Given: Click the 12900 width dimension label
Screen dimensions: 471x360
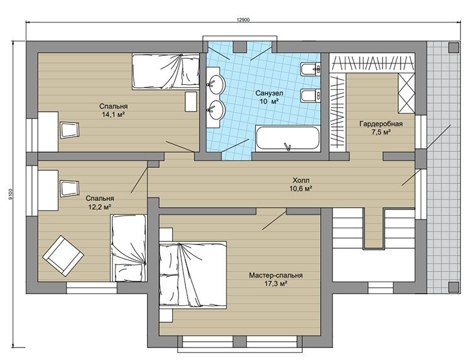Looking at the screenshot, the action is point(243,19).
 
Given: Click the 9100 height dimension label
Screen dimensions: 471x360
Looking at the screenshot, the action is point(11,194).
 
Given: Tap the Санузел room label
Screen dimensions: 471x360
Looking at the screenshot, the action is point(269,93).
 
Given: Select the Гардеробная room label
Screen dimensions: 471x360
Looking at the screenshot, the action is point(381,124).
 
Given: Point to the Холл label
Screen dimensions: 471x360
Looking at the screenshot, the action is point(301,180).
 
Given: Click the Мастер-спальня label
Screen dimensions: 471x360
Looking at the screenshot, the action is point(276,275).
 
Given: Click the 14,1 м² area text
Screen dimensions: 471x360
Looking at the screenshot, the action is point(114,114).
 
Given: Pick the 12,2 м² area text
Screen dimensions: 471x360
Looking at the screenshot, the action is point(100,207).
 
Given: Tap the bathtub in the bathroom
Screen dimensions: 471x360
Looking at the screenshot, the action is point(287,138).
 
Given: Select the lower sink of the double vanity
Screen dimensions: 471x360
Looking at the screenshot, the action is point(215,110).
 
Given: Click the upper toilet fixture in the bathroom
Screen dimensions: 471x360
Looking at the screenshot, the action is point(310,70).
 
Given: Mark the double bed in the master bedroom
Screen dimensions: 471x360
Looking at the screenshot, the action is point(193,275).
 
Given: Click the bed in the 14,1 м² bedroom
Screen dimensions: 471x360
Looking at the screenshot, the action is point(166,72).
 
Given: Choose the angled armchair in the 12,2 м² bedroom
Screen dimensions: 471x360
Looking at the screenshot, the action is point(63,256).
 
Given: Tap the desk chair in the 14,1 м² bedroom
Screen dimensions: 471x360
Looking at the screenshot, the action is point(70,130).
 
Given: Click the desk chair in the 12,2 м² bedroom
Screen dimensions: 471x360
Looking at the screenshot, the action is point(70,188).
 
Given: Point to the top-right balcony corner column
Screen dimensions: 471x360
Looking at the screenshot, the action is point(454,47).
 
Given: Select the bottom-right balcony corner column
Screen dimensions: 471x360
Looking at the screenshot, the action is point(454,288).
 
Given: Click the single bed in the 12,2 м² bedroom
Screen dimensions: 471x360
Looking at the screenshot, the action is point(128,248).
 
